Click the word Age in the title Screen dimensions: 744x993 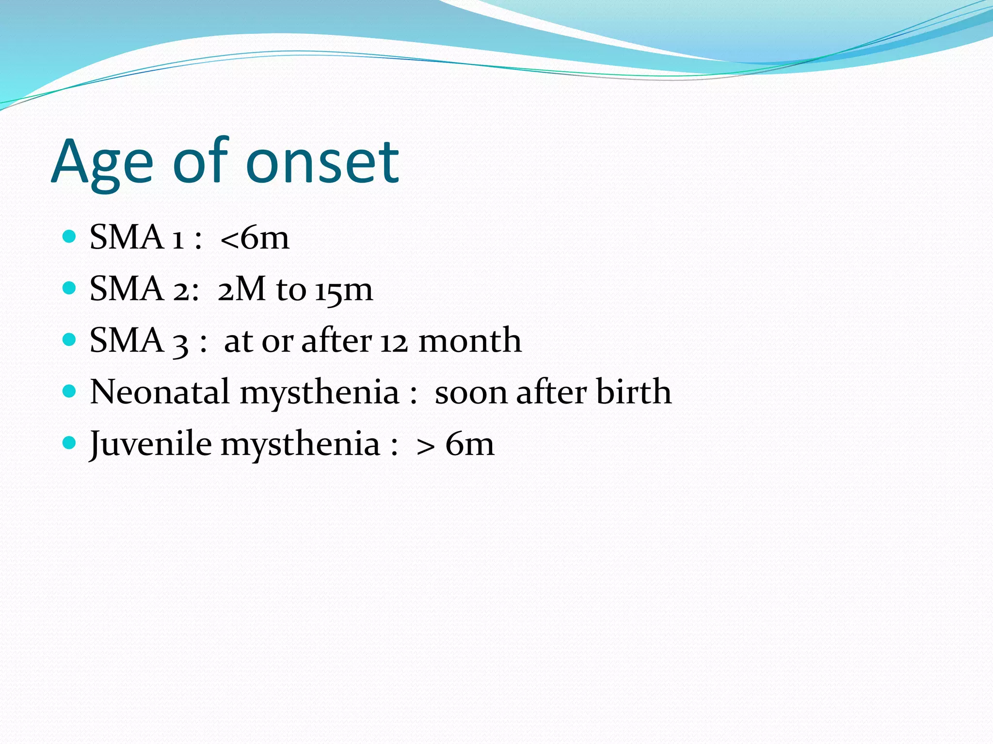pos(102,163)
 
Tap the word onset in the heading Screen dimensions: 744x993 pos(322,163)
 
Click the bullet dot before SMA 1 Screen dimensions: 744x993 pos(70,236)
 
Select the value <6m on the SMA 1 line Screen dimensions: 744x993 pos(255,238)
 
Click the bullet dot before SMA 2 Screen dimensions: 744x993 pos(70,288)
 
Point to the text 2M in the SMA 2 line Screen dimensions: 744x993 pos(241,289)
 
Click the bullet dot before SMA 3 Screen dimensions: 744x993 pos(70,340)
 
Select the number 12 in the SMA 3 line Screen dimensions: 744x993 pos(394,341)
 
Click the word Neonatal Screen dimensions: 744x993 pos(160,392)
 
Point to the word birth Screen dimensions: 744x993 pos(633,392)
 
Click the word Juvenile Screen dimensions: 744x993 pos(151,444)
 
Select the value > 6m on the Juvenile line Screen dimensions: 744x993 pos(455,444)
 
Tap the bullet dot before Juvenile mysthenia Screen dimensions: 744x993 pos(70,443)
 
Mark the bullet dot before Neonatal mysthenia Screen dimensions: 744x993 pos(70,391)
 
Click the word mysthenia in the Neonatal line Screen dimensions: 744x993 pos(320,393)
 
